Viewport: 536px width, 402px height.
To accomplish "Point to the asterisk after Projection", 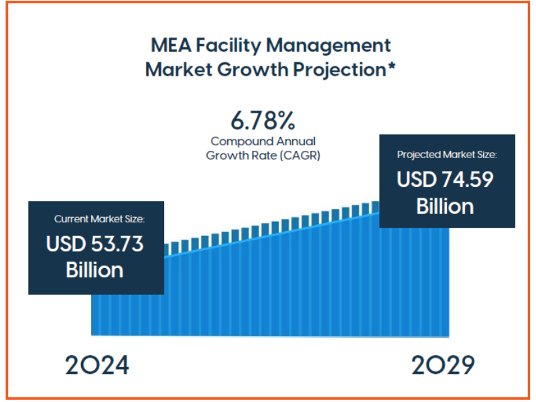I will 391,66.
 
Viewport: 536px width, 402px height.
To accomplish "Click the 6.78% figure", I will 263,121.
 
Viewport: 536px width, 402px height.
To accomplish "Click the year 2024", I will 97,365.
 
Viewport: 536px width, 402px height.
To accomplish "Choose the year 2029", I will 443,365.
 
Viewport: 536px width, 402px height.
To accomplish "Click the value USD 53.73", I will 94,244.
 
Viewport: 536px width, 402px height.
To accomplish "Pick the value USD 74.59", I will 446,180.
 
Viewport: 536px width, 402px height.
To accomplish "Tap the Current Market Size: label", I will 99,219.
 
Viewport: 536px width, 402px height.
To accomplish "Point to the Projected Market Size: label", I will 447,155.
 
